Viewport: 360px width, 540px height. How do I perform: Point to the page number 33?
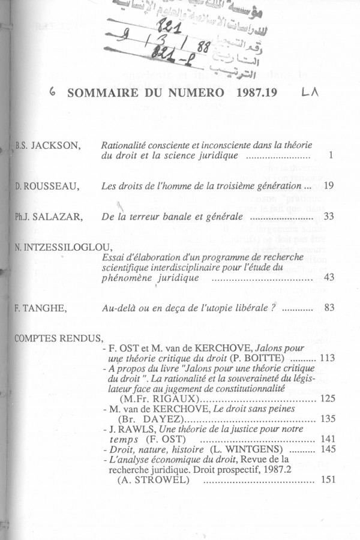point(328,217)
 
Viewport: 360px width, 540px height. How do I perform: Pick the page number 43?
point(328,278)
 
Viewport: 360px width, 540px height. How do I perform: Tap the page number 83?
point(328,308)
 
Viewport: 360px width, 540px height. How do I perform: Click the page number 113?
point(328,358)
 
